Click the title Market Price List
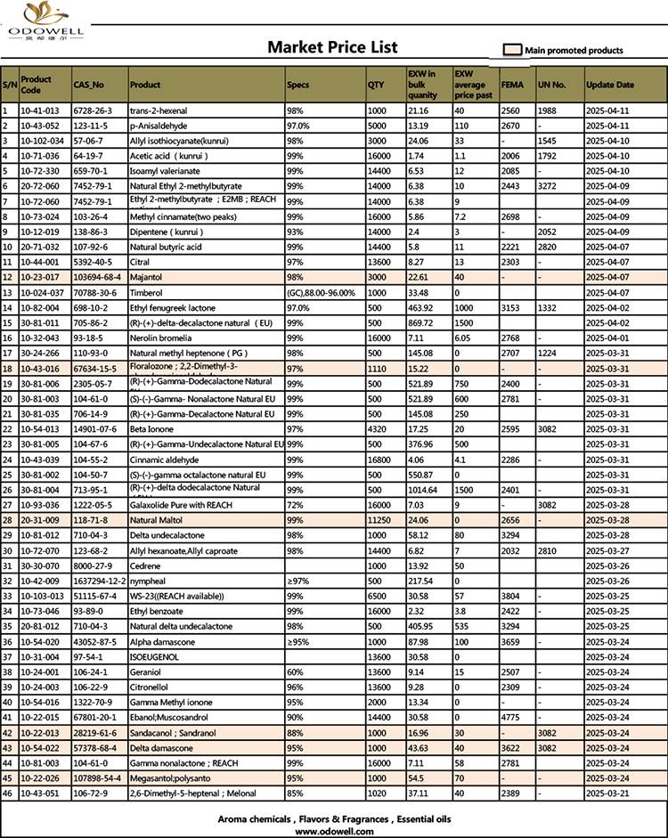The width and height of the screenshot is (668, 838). (x=332, y=47)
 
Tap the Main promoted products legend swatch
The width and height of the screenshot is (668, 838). (x=512, y=51)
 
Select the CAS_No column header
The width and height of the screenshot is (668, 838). (x=88, y=85)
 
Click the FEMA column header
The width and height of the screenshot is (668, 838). (x=511, y=85)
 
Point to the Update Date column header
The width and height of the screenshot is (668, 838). (x=610, y=85)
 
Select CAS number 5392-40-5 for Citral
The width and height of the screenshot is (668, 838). (x=93, y=263)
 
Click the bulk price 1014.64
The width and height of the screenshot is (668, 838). (x=424, y=490)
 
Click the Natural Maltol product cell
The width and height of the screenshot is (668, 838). (x=156, y=520)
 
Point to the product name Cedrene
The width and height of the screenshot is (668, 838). (x=145, y=565)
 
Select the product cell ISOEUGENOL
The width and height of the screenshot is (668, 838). (x=154, y=656)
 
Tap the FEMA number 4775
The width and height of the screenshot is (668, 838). (x=511, y=717)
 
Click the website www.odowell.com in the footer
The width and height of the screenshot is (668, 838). (x=333, y=831)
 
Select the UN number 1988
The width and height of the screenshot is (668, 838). (x=547, y=111)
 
